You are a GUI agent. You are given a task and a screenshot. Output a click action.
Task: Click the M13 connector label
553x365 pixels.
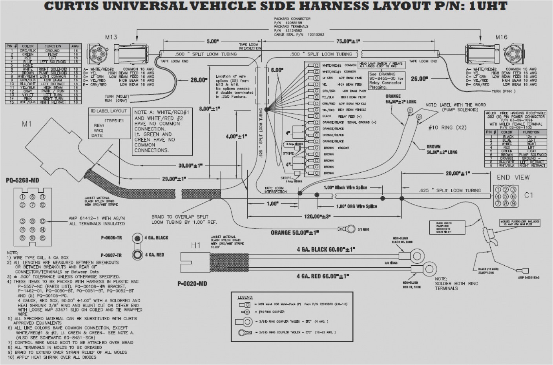(111, 37)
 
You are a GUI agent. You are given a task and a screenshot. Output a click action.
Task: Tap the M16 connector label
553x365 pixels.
(501, 37)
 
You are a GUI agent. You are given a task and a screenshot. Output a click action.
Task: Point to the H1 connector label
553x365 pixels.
(195, 245)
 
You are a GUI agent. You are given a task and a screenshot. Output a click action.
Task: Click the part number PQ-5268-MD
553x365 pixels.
(22, 181)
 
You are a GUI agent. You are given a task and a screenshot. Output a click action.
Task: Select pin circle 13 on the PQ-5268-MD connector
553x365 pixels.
(42, 221)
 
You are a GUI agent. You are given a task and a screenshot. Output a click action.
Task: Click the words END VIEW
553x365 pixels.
(513, 177)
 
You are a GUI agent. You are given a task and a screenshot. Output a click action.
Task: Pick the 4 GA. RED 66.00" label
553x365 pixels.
(323, 276)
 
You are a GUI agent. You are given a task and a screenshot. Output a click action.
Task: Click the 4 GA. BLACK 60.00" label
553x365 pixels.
(325, 249)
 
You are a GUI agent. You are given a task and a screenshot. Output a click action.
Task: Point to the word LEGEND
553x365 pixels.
(245, 297)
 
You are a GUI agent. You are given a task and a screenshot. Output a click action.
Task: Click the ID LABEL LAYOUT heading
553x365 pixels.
(109, 111)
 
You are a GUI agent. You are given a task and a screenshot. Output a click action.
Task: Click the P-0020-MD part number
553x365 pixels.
(192, 283)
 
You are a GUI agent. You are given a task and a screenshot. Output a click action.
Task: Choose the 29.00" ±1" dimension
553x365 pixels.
(174, 179)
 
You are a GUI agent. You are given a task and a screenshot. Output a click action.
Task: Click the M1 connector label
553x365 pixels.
(27, 124)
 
